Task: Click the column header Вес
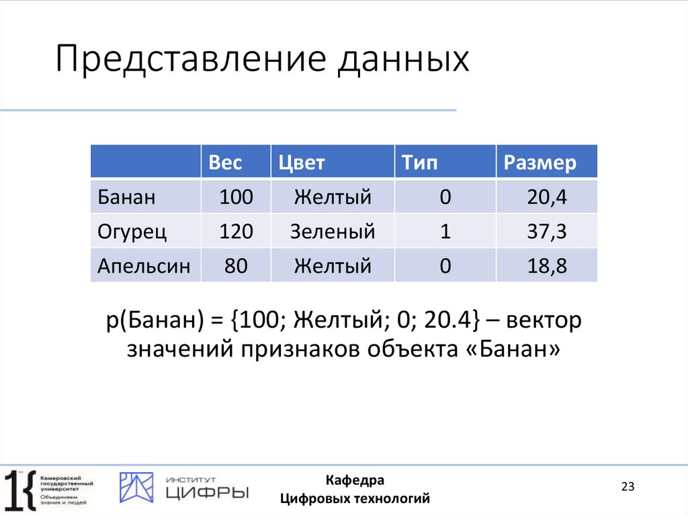click(225, 162)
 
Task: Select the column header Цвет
click(302, 162)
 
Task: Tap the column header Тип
click(419, 162)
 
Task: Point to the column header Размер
click(540, 162)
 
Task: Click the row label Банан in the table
click(126, 197)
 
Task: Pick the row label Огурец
click(132, 232)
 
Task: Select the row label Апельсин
click(144, 266)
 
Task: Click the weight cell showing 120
click(236, 232)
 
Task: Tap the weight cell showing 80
click(236, 266)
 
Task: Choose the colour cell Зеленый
click(332, 232)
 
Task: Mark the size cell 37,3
click(547, 232)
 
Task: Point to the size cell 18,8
click(547, 266)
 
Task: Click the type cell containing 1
click(444, 232)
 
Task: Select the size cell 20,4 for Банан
click(547, 197)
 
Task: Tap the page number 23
click(628, 487)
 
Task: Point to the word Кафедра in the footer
click(355, 480)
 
